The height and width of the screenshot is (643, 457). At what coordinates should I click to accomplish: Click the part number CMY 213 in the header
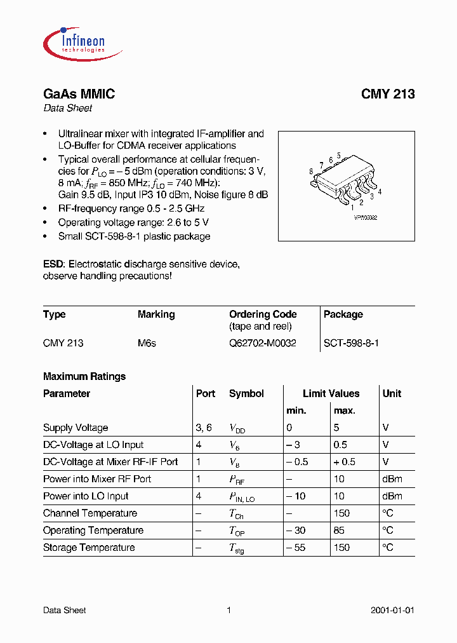click(x=388, y=94)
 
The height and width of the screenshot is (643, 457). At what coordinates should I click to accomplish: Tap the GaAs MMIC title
click(x=79, y=94)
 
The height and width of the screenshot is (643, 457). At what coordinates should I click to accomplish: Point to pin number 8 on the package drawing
click(x=311, y=172)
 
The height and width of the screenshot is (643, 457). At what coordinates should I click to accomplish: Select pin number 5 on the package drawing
click(x=339, y=156)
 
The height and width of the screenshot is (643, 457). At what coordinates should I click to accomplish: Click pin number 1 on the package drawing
click(x=352, y=206)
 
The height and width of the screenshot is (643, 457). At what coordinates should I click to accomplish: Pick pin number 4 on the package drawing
click(x=380, y=191)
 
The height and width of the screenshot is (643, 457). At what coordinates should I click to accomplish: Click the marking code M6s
click(x=147, y=343)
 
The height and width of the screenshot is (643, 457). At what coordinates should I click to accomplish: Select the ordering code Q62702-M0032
click(x=262, y=343)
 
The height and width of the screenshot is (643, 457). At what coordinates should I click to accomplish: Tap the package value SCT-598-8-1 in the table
click(x=351, y=343)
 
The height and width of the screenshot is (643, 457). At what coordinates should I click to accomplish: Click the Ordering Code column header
click(x=263, y=315)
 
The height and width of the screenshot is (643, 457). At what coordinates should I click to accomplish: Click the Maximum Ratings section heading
click(x=84, y=377)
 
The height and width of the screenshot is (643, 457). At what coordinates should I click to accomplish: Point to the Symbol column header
click(x=246, y=394)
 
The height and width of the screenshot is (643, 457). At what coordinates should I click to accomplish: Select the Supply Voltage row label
click(x=76, y=428)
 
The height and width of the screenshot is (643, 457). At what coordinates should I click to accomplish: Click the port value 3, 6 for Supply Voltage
click(x=204, y=428)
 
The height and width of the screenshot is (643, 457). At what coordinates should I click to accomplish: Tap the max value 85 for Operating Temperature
click(x=340, y=531)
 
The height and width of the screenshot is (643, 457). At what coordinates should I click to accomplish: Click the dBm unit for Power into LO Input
click(x=392, y=496)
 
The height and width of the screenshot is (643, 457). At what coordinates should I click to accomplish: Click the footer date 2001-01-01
click(x=392, y=611)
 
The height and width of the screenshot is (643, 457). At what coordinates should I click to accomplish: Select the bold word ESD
click(x=54, y=264)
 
